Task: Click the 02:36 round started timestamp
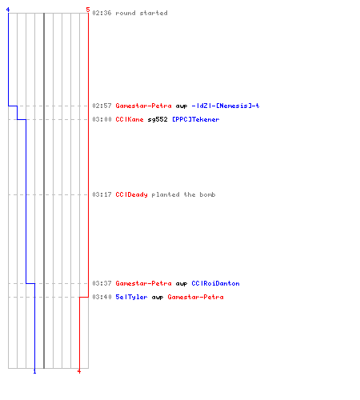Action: (102, 13)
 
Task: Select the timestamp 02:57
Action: (102, 106)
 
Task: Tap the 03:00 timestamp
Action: (102, 119)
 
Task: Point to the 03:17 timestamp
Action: (102, 194)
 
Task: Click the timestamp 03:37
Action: (102, 283)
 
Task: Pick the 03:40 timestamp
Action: (102, 297)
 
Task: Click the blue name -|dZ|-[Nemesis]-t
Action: (226, 106)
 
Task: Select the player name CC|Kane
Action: (130, 119)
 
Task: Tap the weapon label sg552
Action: (158, 119)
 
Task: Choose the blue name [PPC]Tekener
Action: (196, 119)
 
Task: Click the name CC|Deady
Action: (131, 194)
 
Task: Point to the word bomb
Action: (207, 194)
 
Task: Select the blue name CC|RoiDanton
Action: (215, 283)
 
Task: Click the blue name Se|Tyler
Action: (131, 297)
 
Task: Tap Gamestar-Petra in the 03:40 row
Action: (195, 297)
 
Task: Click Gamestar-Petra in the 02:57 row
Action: (143, 106)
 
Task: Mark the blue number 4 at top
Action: (8, 10)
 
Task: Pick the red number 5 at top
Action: (88, 10)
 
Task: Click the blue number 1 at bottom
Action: (34, 371)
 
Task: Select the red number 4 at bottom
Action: (79, 371)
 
